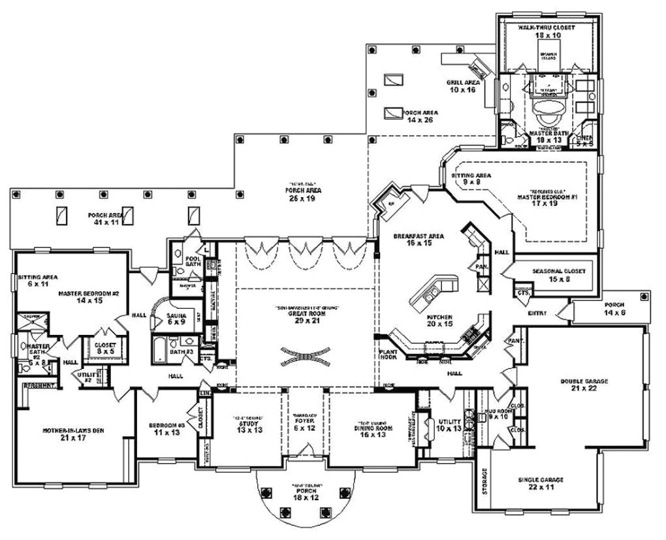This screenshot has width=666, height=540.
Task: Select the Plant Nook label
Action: coord(389,353)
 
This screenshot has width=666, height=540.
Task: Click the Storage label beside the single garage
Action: coord(484,481)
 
